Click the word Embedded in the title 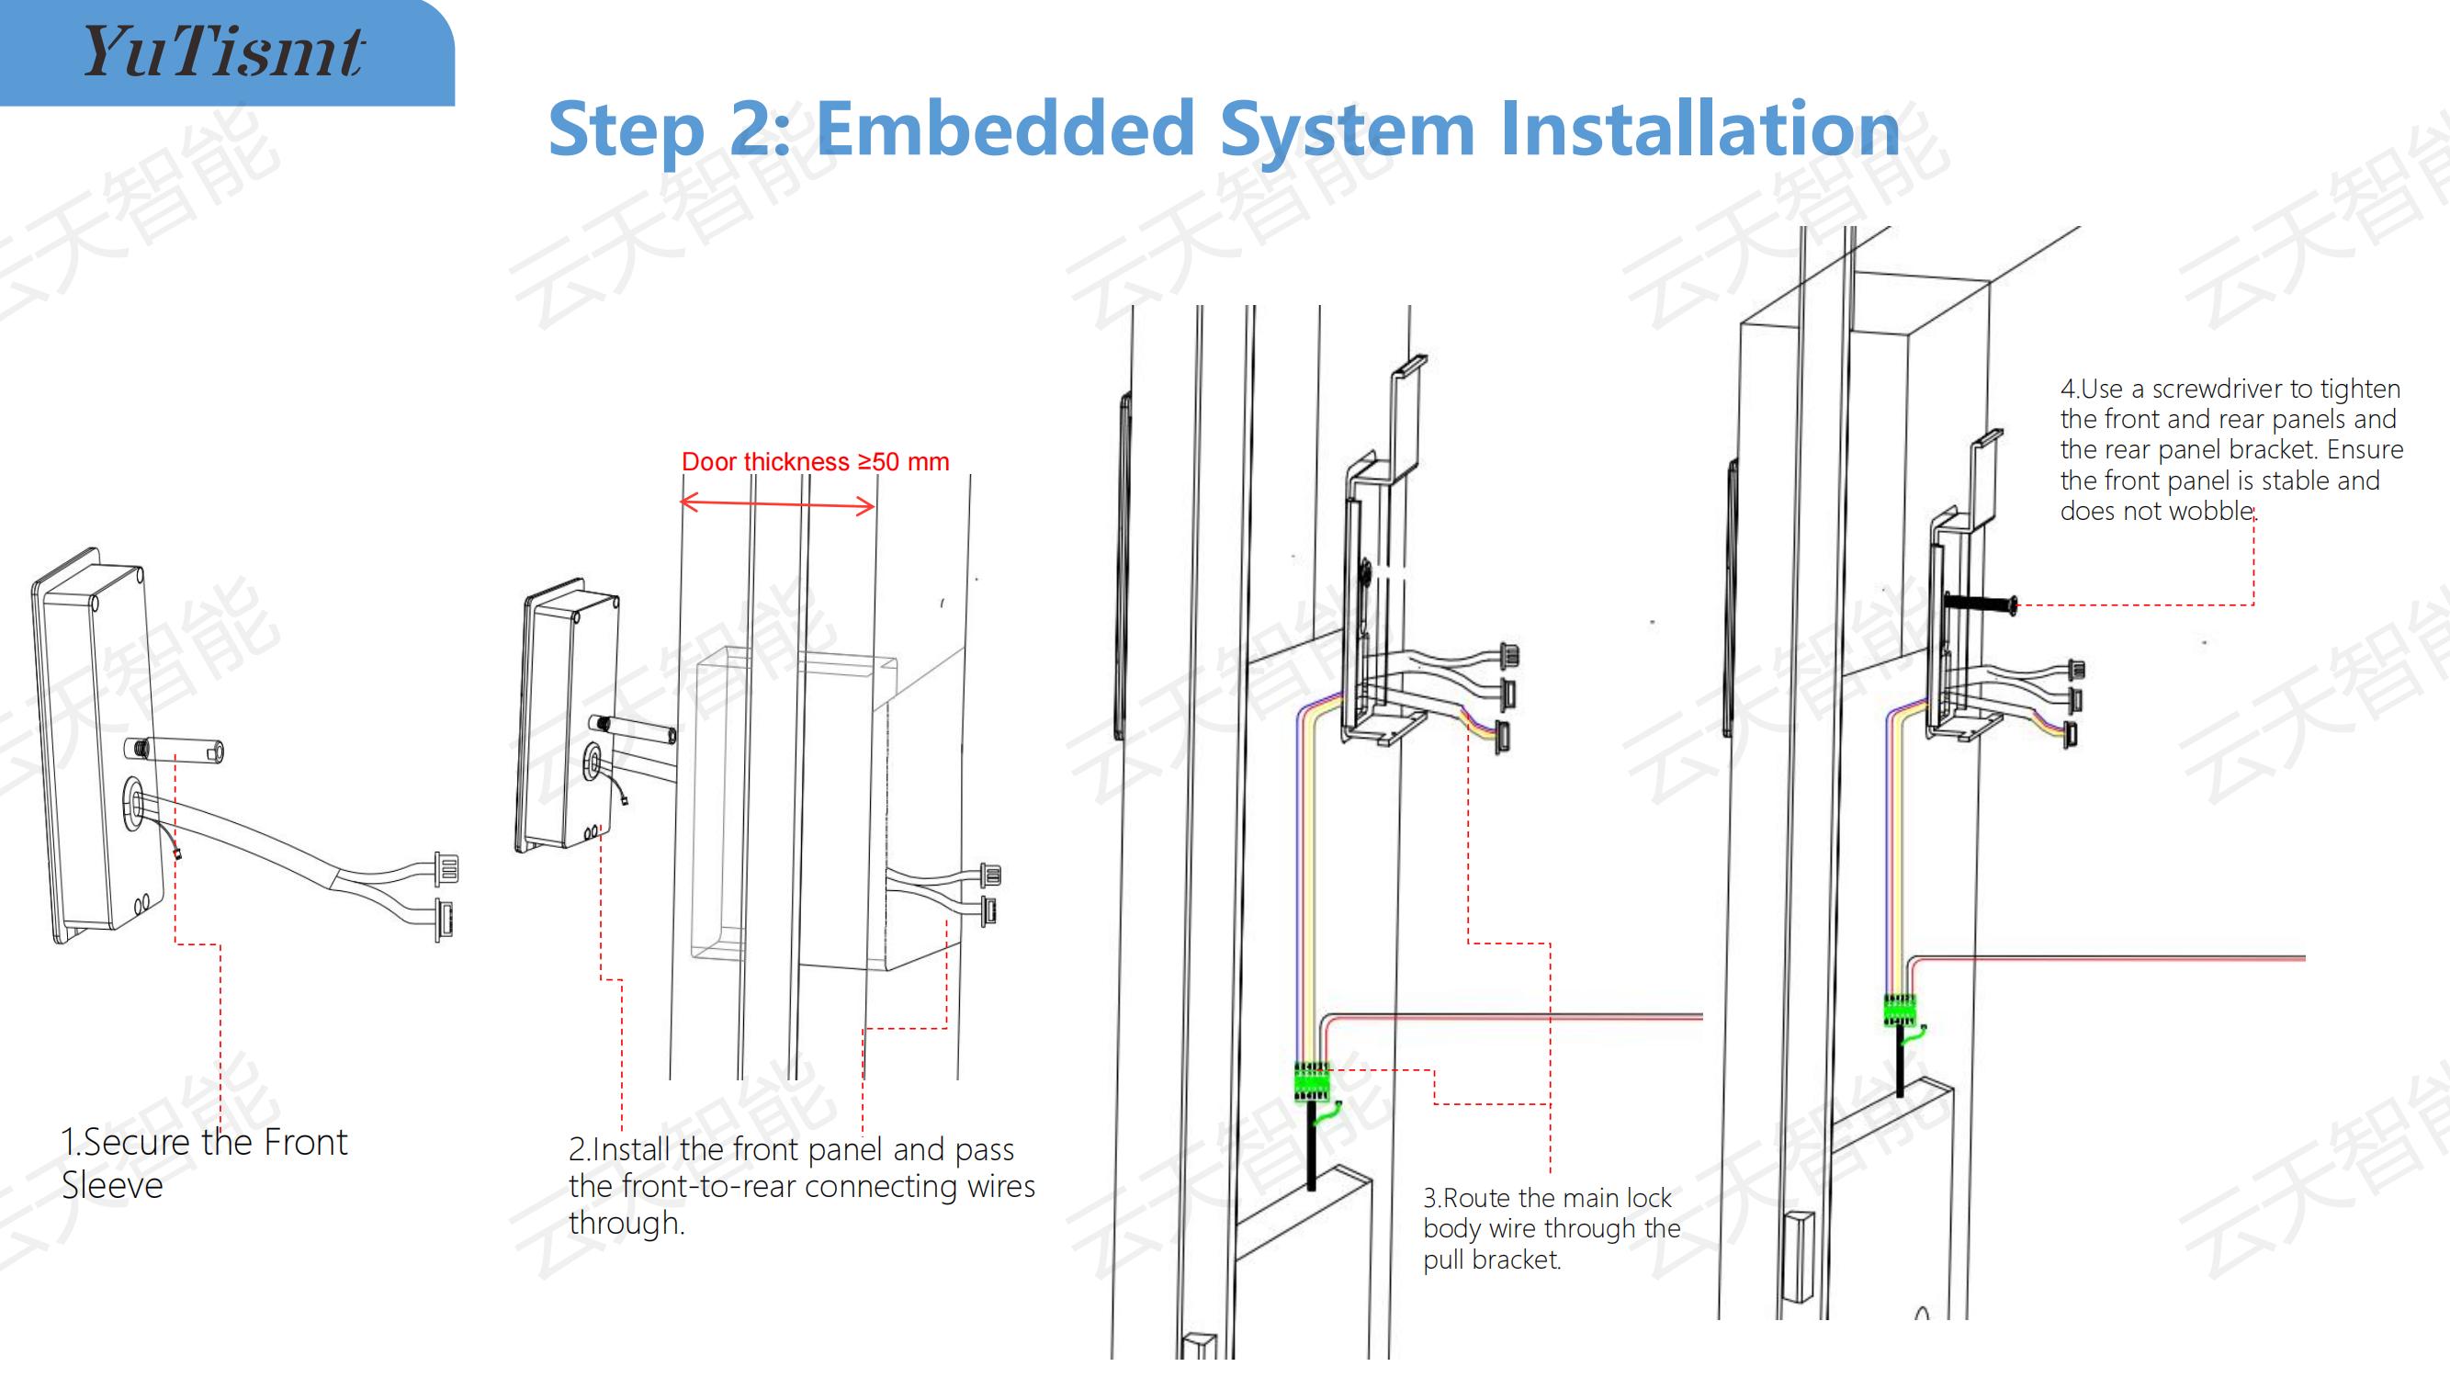pyautogui.click(x=1005, y=129)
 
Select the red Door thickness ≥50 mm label pyautogui.click(x=815, y=462)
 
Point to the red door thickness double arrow pyautogui.click(x=777, y=504)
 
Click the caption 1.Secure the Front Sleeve pyautogui.click(x=204, y=1163)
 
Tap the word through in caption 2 pyautogui.click(x=625, y=1223)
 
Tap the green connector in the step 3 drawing pyautogui.click(x=1312, y=1082)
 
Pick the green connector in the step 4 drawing pyautogui.click(x=1900, y=1010)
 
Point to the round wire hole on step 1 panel pyautogui.click(x=132, y=804)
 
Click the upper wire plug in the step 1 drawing pyautogui.click(x=446, y=869)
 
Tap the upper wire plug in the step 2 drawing pyautogui.click(x=991, y=874)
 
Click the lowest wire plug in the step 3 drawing pyautogui.click(x=1502, y=736)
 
